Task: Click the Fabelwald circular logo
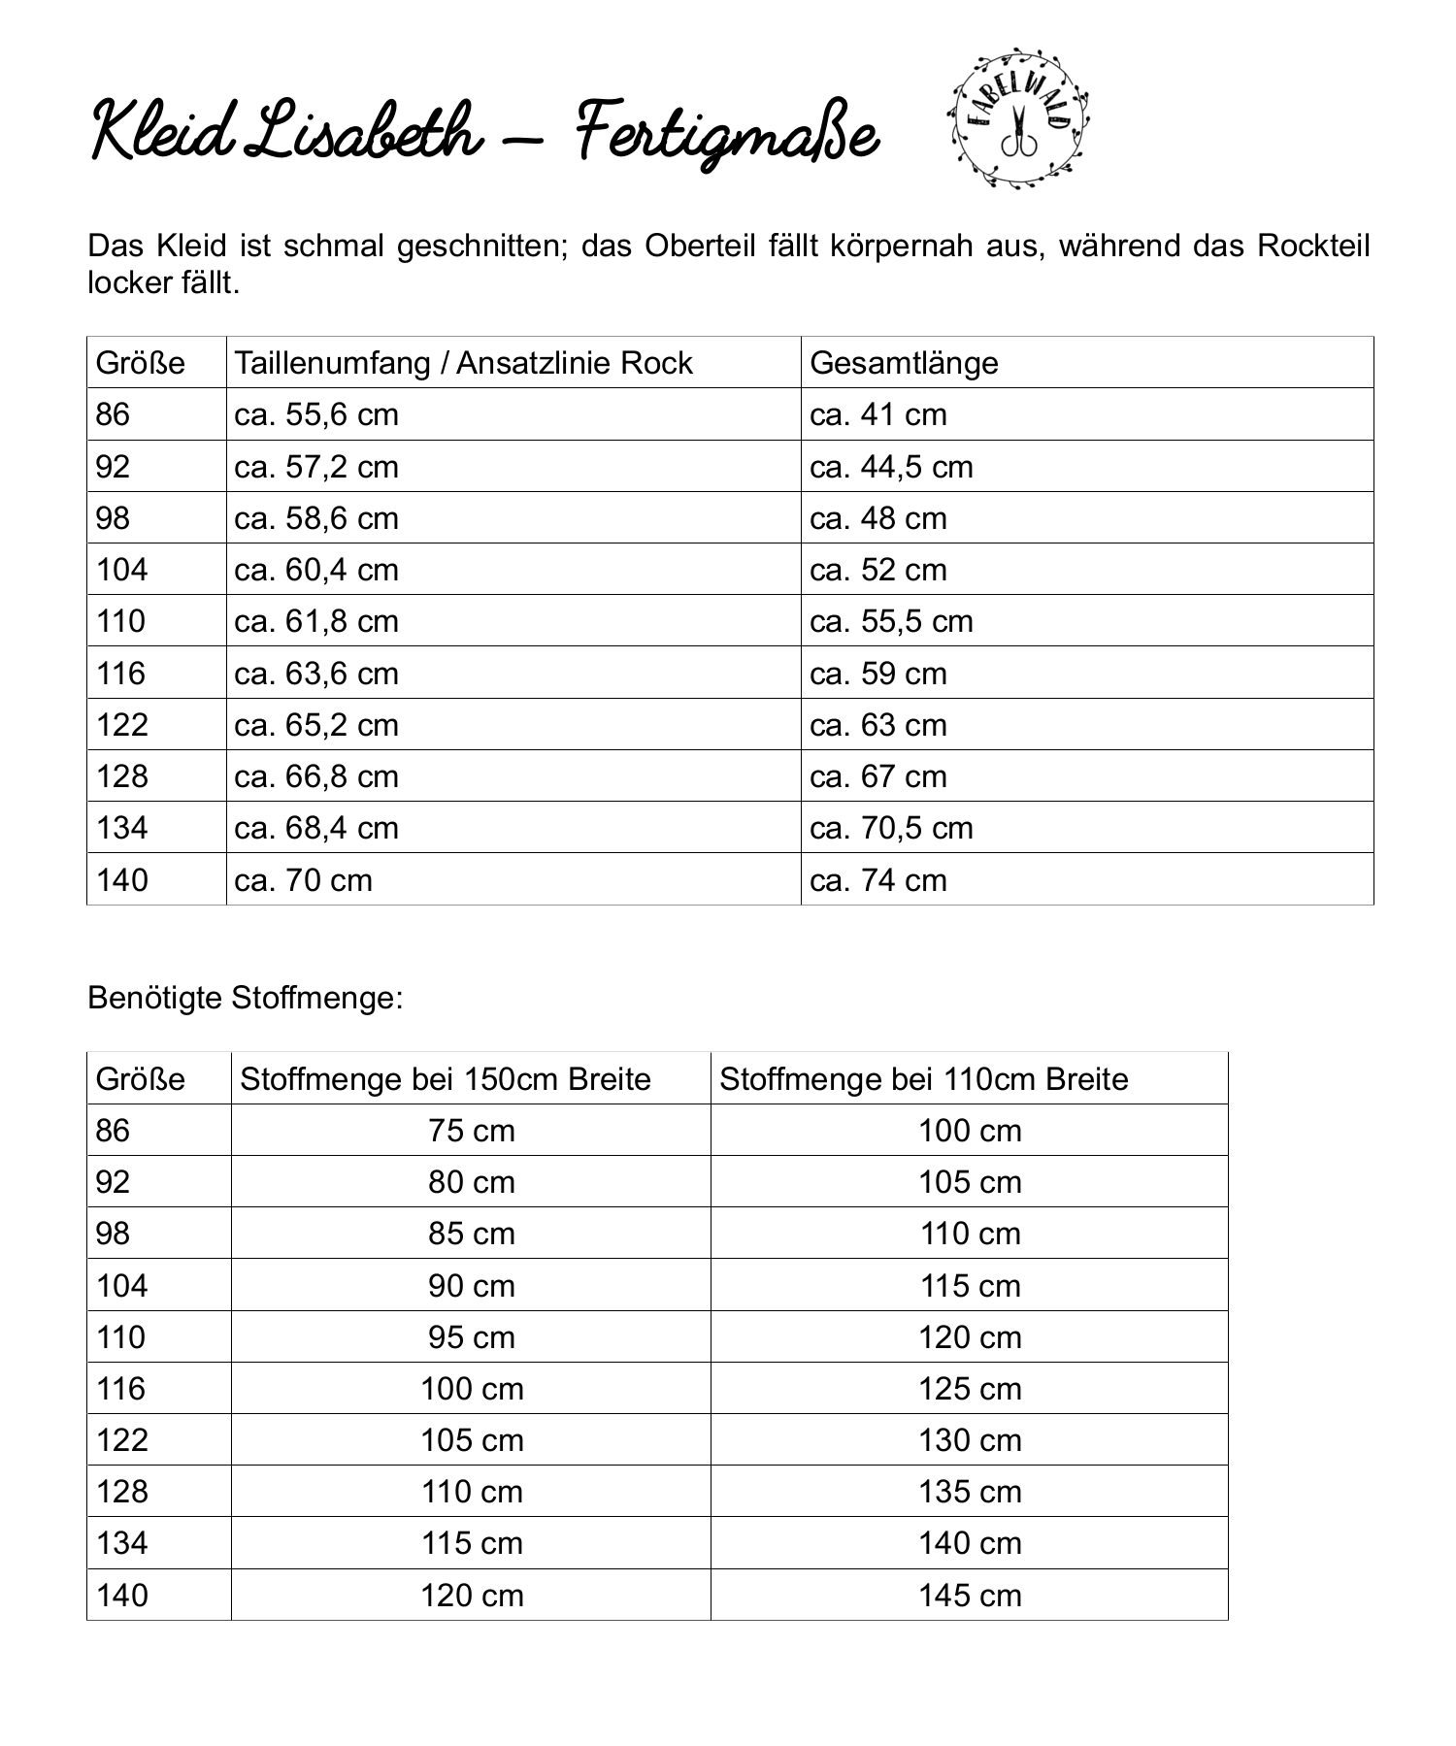[x=1017, y=117]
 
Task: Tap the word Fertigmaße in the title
[x=727, y=136]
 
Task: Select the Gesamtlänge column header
[x=904, y=363]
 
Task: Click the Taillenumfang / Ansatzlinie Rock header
[x=463, y=363]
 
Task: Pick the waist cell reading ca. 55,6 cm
[x=316, y=414]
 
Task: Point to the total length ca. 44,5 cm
[x=891, y=467]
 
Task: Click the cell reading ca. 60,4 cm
[x=316, y=570]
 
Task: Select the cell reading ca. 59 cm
[x=877, y=674]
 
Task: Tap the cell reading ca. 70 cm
[x=303, y=880]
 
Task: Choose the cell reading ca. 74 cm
[x=877, y=880]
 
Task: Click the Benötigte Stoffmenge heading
[x=245, y=998]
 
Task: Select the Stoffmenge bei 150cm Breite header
[x=446, y=1079]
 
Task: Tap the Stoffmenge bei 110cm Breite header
[x=924, y=1079]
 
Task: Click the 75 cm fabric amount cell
[x=472, y=1131]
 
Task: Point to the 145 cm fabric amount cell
[x=970, y=1596]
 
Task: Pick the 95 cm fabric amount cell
[x=472, y=1337]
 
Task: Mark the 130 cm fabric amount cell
[x=970, y=1440]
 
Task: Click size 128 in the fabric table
[x=122, y=1492]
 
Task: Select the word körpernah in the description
[x=902, y=246]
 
